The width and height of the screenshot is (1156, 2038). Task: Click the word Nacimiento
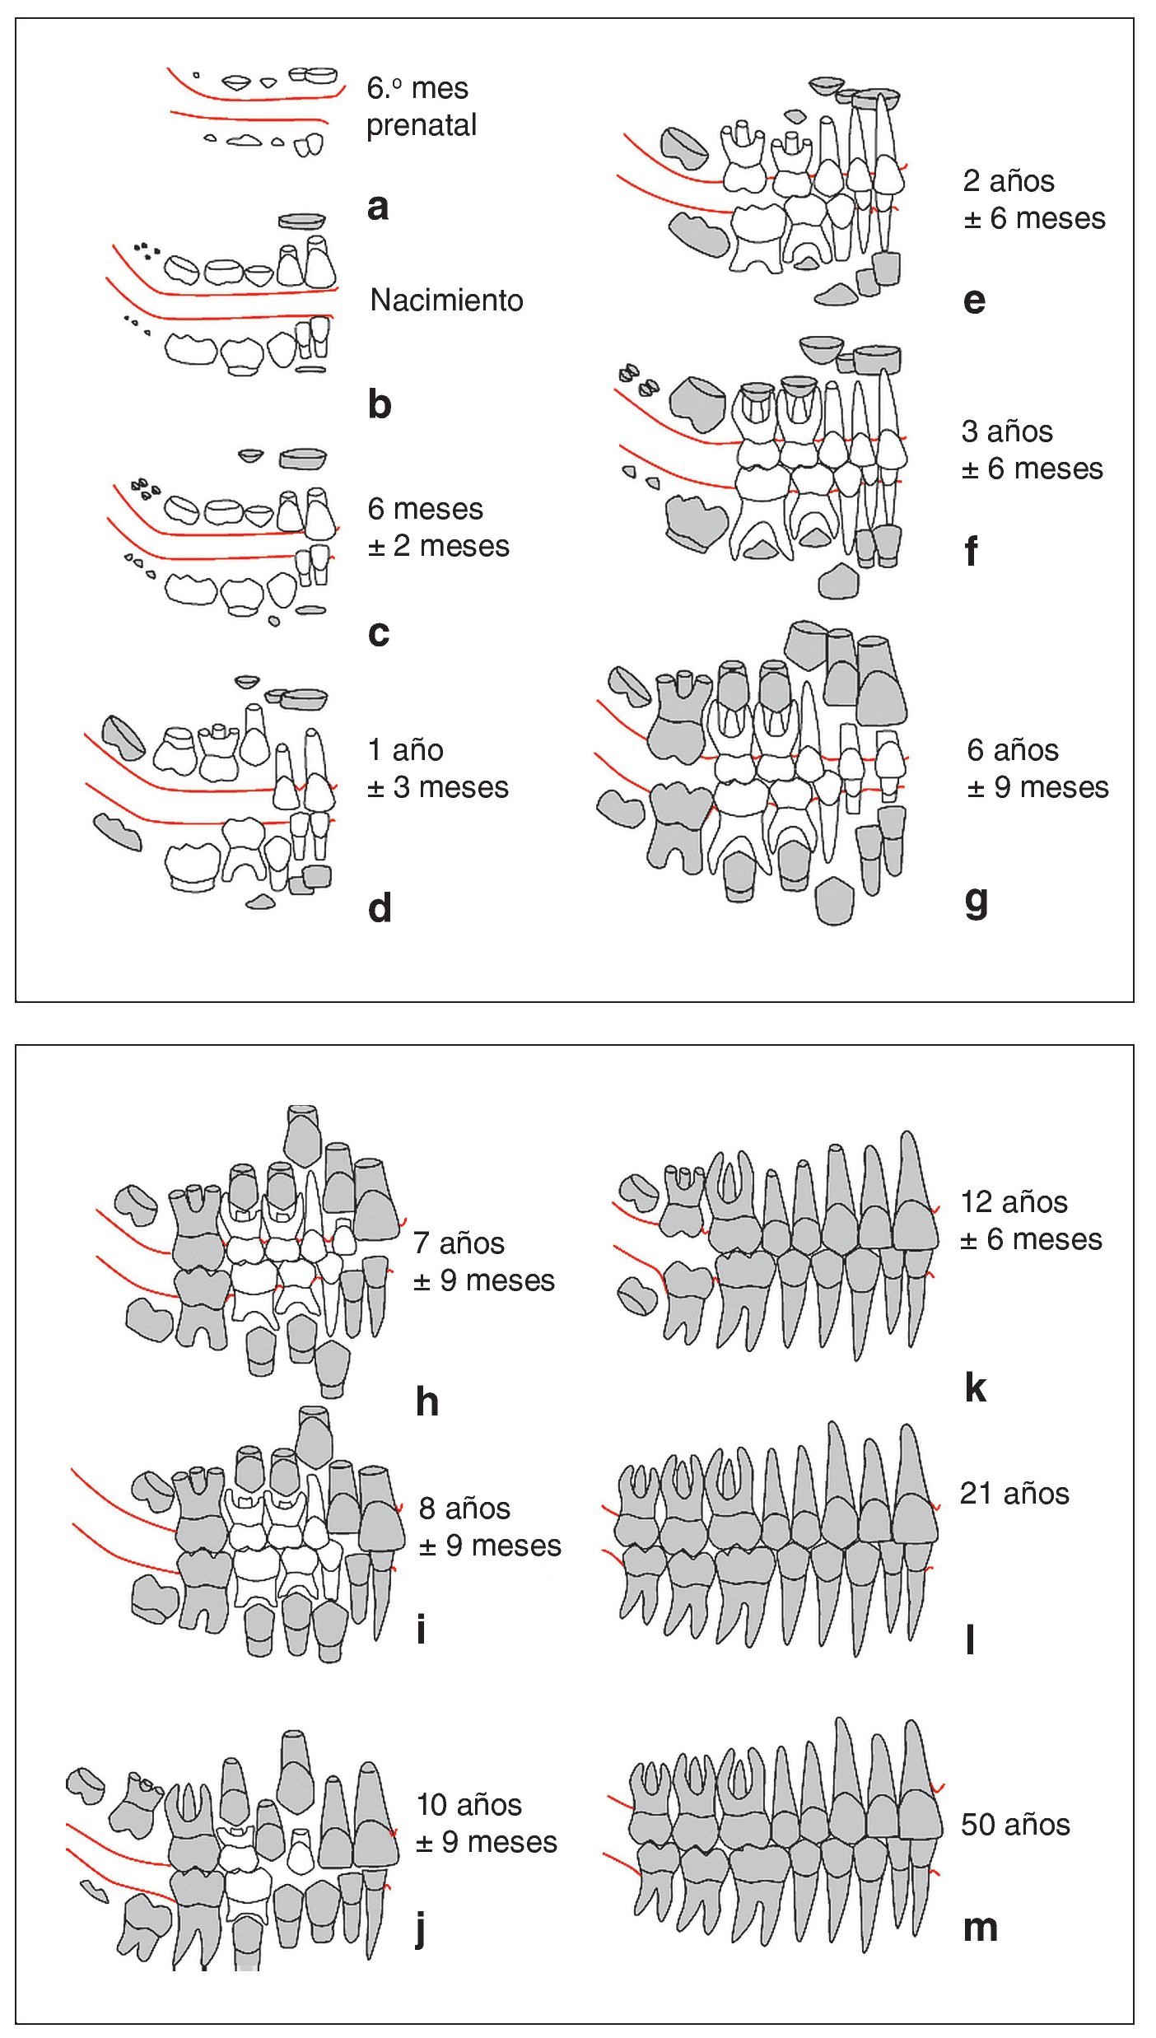click(446, 301)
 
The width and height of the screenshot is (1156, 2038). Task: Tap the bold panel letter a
click(378, 207)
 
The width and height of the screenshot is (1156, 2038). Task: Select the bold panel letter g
click(976, 902)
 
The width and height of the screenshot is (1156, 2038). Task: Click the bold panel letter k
click(975, 1388)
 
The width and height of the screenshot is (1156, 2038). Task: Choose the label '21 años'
click(1014, 1494)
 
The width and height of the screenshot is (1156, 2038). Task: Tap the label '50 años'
click(1015, 1825)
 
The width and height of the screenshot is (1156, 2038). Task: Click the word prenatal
click(422, 125)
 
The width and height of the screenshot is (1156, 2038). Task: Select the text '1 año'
click(405, 750)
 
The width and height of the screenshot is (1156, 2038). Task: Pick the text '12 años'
click(1014, 1202)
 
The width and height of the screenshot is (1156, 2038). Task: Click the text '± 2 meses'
click(438, 546)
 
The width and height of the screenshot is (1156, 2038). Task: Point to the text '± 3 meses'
click(437, 787)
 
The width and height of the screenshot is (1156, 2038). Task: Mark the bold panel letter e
click(974, 301)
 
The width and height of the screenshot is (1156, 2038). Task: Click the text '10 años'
click(468, 1805)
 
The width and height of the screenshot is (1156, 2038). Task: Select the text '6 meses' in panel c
click(425, 509)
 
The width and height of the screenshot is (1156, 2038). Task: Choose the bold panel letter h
click(427, 1401)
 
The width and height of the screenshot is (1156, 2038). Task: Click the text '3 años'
click(1007, 431)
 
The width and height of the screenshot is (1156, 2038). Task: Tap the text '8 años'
click(464, 1509)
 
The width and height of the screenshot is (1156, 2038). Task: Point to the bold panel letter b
click(379, 404)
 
